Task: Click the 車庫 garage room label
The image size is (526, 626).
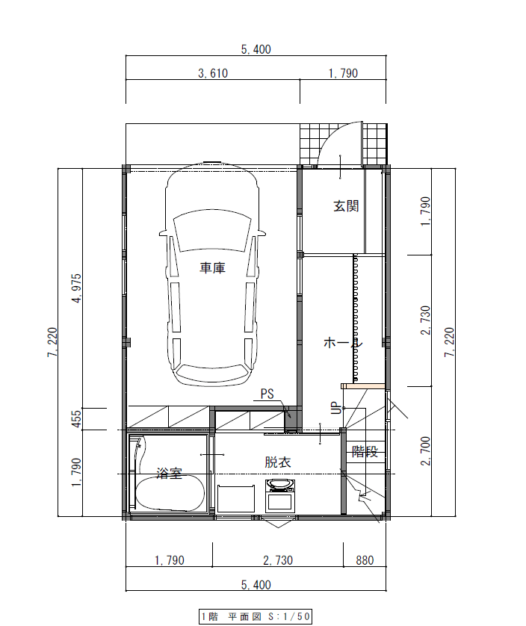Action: click(x=212, y=268)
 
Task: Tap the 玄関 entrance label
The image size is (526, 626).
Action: click(x=346, y=205)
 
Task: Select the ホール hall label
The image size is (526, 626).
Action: click(x=342, y=342)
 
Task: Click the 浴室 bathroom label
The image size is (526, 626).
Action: click(x=170, y=473)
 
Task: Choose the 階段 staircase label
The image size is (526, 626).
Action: click(x=365, y=452)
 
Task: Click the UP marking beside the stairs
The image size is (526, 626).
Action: click(x=335, y=408)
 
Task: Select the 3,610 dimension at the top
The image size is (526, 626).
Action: click(x=212, y=73)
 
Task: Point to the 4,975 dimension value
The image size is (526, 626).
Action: click(x=76, y=290)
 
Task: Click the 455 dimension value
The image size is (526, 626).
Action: click(x=76, y=418)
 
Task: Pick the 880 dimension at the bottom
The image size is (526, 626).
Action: click(x=365, y=560)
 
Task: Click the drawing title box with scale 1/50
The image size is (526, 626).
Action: click(x=255, y=616)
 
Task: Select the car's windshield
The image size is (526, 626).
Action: click(x=212, y=229)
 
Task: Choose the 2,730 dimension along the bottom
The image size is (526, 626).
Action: click(x=277, y=560)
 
